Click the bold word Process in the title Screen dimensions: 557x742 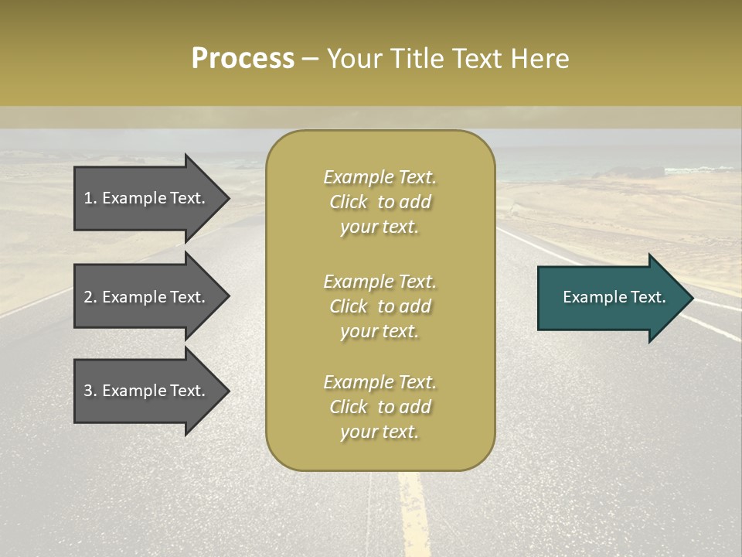243,59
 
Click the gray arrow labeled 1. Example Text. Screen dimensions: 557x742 147,198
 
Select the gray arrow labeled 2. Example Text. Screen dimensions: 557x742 147,297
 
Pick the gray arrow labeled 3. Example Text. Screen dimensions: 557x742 147,391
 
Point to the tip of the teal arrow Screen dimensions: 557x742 691,298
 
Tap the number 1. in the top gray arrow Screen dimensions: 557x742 90,198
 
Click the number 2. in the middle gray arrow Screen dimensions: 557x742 90,297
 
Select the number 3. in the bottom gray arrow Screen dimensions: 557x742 90,391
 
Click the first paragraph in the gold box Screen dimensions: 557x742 380,202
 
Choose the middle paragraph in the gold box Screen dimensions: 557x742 380,306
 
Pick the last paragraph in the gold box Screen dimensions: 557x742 380,407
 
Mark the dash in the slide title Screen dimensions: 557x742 310,60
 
